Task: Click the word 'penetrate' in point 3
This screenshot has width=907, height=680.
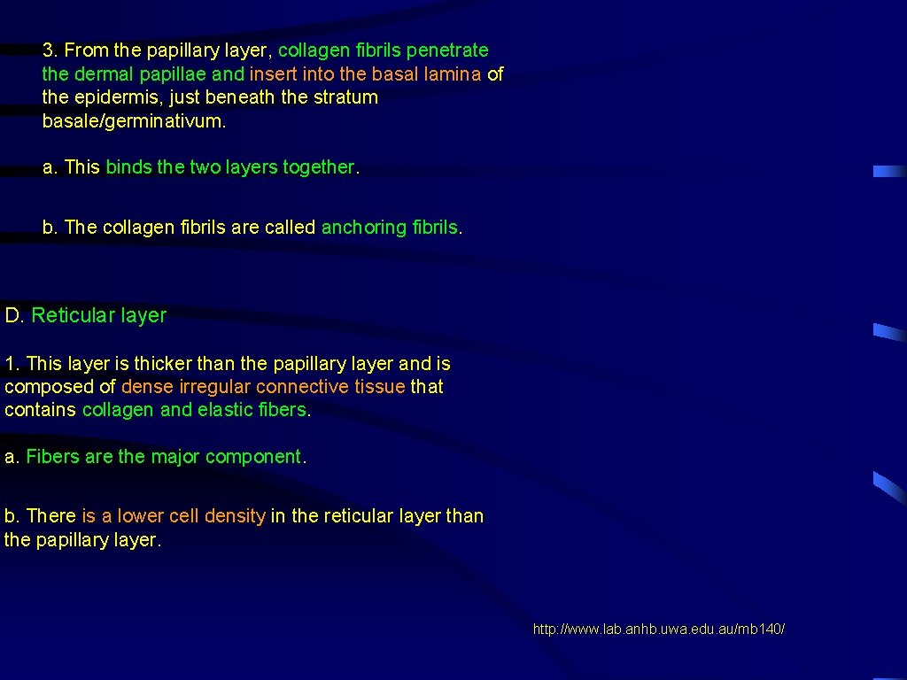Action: (x=447, y=50)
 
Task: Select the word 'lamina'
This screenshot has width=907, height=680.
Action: (x=453, y=74)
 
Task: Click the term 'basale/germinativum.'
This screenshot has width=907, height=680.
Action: (x=135, y=121)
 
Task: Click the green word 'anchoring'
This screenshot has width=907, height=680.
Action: (x=363, y=228)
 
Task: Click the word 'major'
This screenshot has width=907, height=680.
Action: (x=175, y=457)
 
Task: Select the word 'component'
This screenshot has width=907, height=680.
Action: (x=253, y=457)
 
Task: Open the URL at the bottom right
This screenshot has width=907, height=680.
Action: (x=658, y=630)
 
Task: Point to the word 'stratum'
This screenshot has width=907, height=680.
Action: (x=346, y=97)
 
